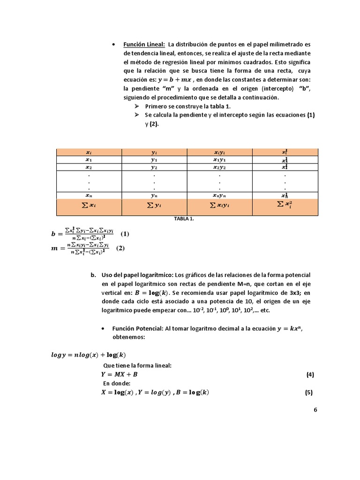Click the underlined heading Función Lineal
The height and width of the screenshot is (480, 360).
pos(144,45)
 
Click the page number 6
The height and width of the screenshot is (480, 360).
pos(315,409)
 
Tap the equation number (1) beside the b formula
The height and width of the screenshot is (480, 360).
pos(125,233)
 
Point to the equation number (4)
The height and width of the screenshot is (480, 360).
pos(309,375)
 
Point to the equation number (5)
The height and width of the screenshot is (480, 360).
pos(308,393)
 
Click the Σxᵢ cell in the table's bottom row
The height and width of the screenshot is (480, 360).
pos(89,206)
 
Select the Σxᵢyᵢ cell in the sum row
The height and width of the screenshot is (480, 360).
pos(220,206)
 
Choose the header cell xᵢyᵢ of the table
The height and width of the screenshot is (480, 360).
pos(220,152)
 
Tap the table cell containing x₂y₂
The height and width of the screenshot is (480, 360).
pos(220,167)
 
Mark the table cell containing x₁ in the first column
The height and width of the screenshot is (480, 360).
pos(89,159)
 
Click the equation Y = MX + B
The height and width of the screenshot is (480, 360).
pos(120,375)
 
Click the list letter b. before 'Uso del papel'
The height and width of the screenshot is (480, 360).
pos(93,275)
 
